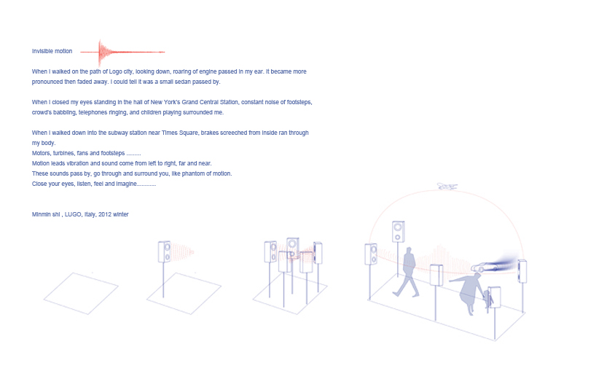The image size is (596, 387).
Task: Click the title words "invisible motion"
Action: coord(52,51)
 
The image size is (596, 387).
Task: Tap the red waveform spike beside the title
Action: coord(101,52)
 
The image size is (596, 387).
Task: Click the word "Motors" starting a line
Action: coord(41,153)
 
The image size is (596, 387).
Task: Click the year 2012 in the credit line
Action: coord(105,214)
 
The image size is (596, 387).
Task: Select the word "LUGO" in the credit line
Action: coord(73,214)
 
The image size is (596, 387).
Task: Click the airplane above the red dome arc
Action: coord(447,187)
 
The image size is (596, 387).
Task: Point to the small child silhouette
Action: coord(487,299)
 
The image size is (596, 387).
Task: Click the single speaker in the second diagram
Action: coord(165,251)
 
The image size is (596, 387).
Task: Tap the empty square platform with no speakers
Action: coord(81,294)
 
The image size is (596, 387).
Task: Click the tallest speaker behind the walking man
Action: coord(398,232)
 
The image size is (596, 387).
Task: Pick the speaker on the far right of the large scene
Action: coord(522,271)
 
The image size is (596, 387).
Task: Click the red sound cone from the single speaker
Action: coord(182,252)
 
